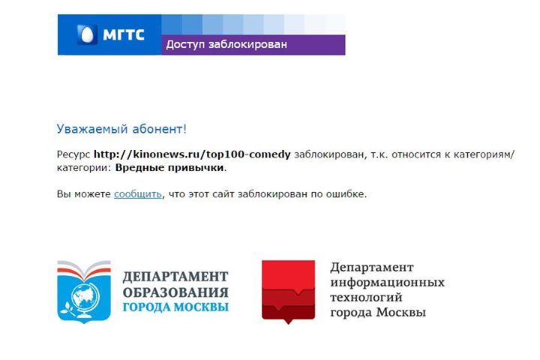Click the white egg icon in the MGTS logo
click(x=86, y=34)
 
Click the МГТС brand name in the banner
click(x=124, y=34)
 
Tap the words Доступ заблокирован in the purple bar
click(x=226, y=44)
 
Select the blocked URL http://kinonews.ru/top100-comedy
click(x=192, y=154)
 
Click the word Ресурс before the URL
click(x=73, y=155)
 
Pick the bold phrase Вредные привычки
click(x=169, y=168)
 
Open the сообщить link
click(x=138, y=194)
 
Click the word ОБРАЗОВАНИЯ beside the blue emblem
click(x=175, y=292)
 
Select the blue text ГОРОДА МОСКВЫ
click(x=175, y=307)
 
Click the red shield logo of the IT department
click(x=288, y=291)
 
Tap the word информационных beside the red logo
click(x=388, y=283)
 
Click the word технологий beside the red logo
click(x=366, y=297)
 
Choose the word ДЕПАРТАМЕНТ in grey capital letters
click(x=175, y=277)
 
